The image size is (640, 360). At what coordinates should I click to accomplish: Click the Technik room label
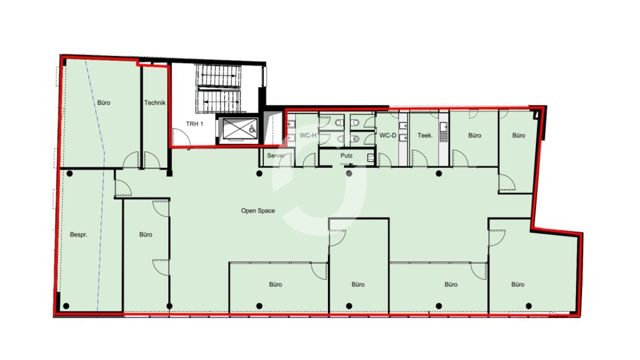[x=155, y=102]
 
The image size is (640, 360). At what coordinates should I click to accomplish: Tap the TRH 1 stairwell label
[x=194, y=124]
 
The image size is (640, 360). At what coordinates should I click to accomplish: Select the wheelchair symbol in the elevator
[x=252, y=129]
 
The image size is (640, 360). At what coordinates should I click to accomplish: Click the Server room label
[x=276, y=155]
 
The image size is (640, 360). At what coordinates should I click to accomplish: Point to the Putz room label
[x=346, y=155]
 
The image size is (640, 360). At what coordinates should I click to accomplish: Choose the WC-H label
[x=308, y=135]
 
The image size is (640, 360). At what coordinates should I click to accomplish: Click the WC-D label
[x=387, y=135]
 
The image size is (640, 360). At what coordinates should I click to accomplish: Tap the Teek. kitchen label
[x=425, y=135]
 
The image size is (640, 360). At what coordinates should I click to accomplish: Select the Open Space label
[x=258, y=211]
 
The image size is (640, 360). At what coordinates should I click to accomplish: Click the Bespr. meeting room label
[x=78, y=235]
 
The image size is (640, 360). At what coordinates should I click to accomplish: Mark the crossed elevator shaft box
[x=236, y=129]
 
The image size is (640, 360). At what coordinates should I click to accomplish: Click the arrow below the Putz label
[x=347, y=164]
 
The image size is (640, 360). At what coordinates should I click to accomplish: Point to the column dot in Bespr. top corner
[x=69, y=173]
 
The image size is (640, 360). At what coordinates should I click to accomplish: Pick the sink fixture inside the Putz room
[x=370, y=158]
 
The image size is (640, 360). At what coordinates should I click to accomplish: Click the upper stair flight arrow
[x=219, y=75]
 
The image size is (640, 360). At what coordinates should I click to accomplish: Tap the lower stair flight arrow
[x=221, y=101]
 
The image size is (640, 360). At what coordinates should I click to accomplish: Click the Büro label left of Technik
[x=103, y=102]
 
